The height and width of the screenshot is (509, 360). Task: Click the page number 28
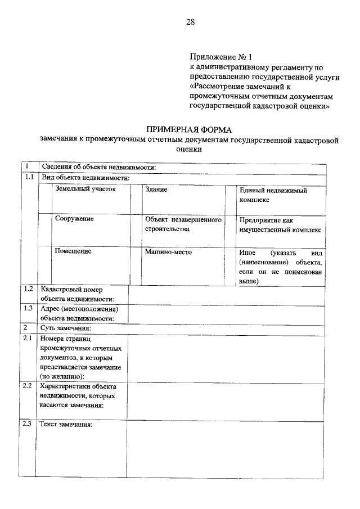[190, 22]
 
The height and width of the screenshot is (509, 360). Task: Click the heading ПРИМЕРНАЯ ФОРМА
[188, 129]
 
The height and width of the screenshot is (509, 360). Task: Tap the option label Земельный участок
[85, 190]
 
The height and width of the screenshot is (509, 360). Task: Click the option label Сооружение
[74, 219]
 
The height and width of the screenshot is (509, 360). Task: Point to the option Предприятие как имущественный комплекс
[280, 224]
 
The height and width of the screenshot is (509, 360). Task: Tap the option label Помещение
[73, 251]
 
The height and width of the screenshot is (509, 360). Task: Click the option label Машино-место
[168, 252]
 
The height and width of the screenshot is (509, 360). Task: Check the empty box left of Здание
[136, 197]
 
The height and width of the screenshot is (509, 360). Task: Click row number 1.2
[29, 289]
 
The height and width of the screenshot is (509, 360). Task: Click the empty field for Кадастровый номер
[226, 294]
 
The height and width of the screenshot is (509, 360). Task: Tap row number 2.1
[29, 339]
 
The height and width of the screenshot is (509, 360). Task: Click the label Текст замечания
[66, 425]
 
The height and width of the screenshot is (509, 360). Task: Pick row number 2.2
[29, 386]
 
